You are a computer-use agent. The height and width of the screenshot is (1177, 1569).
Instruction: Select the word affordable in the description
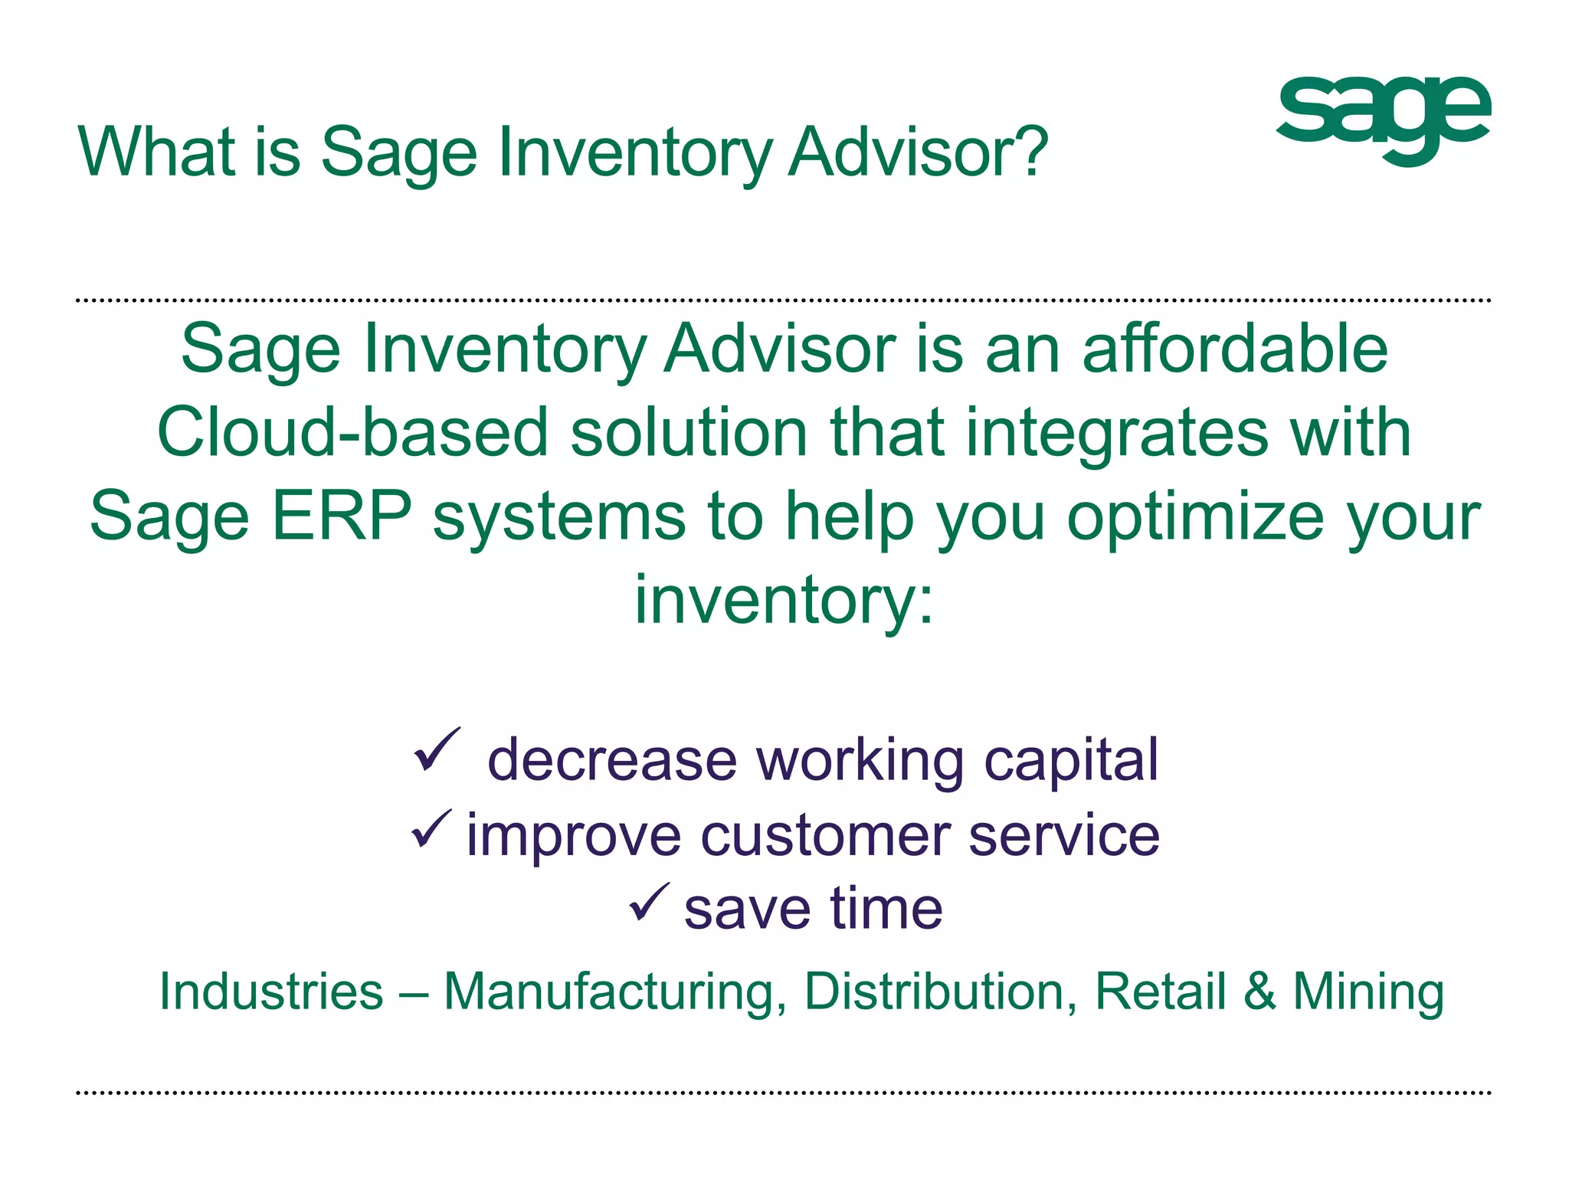pos(1234,349)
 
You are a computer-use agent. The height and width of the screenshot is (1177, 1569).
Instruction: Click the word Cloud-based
pos(352,433)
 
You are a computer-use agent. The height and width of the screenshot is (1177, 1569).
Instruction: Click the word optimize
pos(1195,518)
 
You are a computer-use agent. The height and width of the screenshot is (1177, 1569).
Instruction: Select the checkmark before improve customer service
pos(432,829)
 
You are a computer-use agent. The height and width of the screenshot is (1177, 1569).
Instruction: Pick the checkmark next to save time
pos(650,902)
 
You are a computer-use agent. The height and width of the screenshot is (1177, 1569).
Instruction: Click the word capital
pos(1070,761)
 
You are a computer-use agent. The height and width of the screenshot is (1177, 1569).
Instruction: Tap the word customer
pos(824,834)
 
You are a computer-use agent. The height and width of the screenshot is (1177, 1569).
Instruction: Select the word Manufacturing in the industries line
pos(614,992)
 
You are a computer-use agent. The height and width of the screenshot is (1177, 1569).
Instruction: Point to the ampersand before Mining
pos(1259,992)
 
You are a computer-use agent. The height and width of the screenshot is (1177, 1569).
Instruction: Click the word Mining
pos(1368,993)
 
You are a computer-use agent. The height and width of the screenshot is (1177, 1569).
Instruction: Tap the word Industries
pos(270,992)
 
